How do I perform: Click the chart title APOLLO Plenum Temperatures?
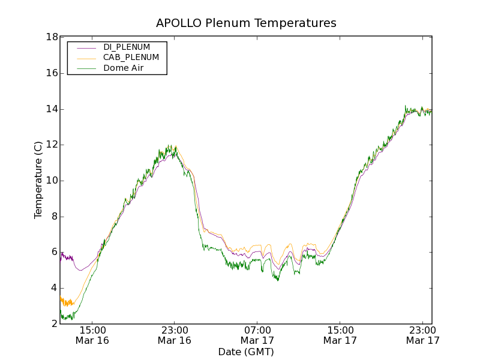tap(246, 23)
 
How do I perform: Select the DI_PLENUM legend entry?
tap(127, 47)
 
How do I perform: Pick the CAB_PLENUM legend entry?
tap(131, 58)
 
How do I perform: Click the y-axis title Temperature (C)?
tap(38, 180)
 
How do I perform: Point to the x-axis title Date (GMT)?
tap(246, 352)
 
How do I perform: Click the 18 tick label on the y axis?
tap(52, 37)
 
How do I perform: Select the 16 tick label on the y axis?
tap(52, 73)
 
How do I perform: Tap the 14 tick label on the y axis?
tap(52, 109)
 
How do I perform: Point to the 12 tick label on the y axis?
tap(52, 145)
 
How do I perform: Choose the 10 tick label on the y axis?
tap(52, 181)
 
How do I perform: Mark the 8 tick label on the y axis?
tap(54, 217)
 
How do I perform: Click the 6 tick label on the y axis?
tap(54, 252)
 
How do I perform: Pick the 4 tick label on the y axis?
tap(54, 288)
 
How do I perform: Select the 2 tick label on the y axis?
tap(54, 324)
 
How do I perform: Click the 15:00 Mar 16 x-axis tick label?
tap(92, 335)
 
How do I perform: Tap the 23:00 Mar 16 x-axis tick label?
tap(175, 335)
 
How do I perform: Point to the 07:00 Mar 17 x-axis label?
tap(257, 335)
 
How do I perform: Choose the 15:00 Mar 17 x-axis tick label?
tap(340, 335)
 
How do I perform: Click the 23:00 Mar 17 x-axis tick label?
tap(422, 335)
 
